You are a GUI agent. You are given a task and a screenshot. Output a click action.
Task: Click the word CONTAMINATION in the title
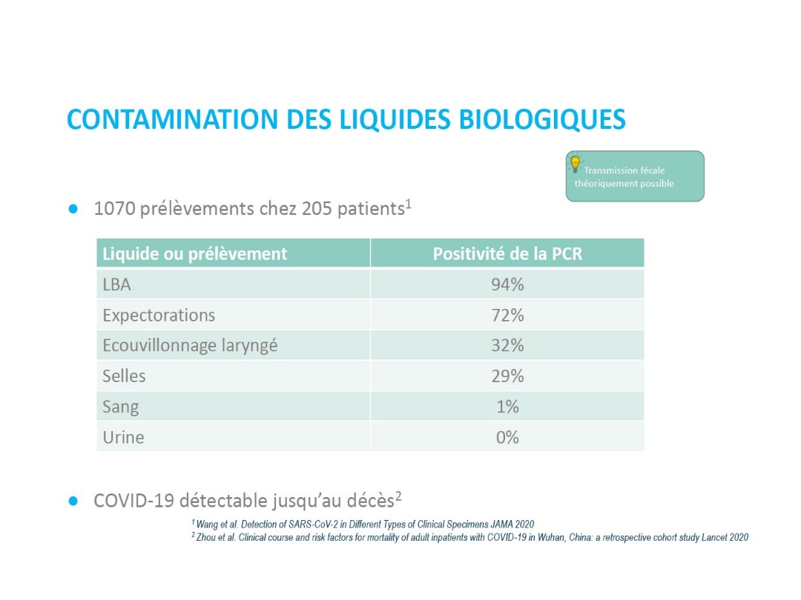coord(161,119)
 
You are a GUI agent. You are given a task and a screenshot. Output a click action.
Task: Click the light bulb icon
coord(575,164)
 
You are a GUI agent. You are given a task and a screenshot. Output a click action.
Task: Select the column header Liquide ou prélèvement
coord(194,253)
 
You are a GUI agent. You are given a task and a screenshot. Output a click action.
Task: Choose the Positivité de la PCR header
coord(507,253)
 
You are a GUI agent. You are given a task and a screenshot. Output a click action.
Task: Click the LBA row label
coord(116,284)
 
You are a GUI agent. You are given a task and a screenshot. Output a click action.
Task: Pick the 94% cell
coord(507,284)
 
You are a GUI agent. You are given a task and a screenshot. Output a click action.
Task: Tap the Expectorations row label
coord(159,315)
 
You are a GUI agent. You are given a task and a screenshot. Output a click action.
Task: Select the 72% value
coord(507,315)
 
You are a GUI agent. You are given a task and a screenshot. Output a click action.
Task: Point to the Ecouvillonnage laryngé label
coord(190,345)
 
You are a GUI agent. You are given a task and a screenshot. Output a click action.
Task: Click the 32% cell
coord(507,345)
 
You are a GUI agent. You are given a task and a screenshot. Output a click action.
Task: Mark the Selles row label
coord(124,376)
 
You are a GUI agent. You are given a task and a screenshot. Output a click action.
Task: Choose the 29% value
coord(507,376)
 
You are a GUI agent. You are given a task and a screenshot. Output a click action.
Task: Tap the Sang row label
coord(120,407)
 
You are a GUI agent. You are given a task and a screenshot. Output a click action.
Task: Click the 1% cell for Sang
coord(507,407)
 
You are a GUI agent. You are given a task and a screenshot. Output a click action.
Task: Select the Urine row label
coord(123,437)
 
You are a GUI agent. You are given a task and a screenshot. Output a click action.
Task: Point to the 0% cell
coord(507,437)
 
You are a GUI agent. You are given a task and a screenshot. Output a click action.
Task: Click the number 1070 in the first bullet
coord(115,209)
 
